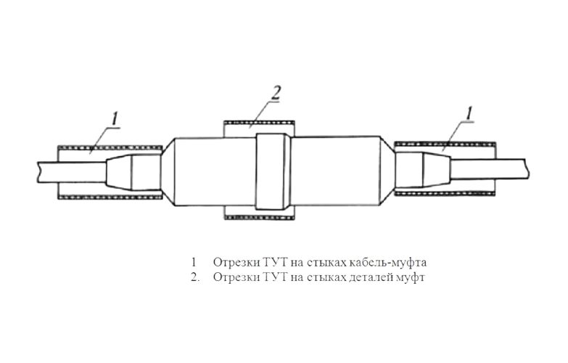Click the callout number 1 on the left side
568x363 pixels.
(115, 119)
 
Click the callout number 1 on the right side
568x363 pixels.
(469, 113)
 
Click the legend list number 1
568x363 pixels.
(194, 262)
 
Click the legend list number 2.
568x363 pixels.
(195, 278)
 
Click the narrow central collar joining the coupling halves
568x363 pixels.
(273, 171)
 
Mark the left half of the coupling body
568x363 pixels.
(215, 172)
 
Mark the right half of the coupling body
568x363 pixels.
(336, 171)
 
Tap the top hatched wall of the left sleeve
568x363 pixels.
(110, 147)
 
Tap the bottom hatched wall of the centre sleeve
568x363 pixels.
(260, 218)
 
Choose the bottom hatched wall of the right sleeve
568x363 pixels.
(445, 194)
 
